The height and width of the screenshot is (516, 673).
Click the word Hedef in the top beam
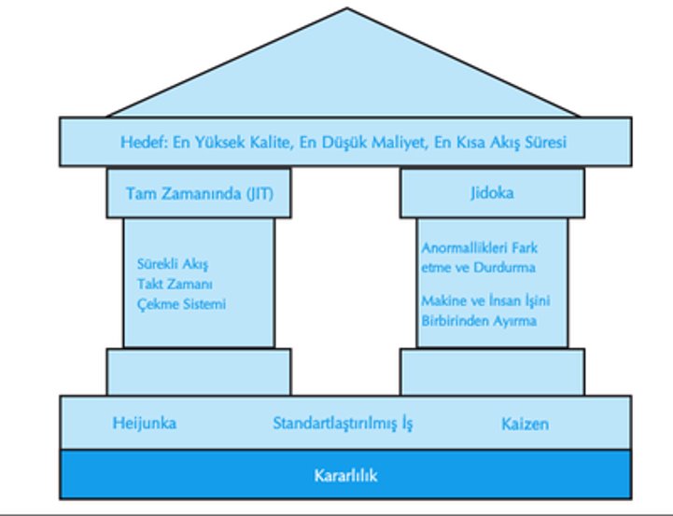[141, 143]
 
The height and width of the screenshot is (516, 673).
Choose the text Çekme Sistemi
[181, 303]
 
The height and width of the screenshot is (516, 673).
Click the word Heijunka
[144, 424]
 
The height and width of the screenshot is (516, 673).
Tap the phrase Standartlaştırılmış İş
[343, 424]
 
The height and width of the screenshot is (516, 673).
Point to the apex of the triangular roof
[348, 9]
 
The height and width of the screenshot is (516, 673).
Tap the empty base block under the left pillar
[199, 371]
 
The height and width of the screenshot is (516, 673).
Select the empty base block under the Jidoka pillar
[492, 371]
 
